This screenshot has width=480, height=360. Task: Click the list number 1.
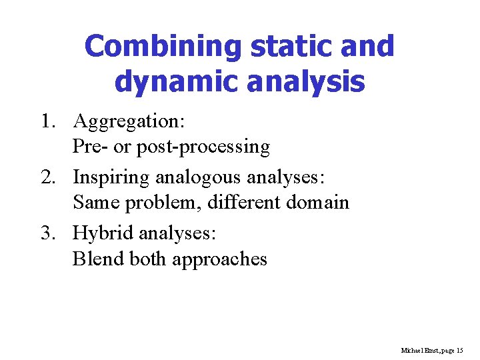[46, 122]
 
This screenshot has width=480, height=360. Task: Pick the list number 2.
[46, 178]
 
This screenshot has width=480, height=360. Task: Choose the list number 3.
[46, 234]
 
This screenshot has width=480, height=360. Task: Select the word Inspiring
[111, 178]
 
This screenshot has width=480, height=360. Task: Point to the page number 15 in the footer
[459, 350]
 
